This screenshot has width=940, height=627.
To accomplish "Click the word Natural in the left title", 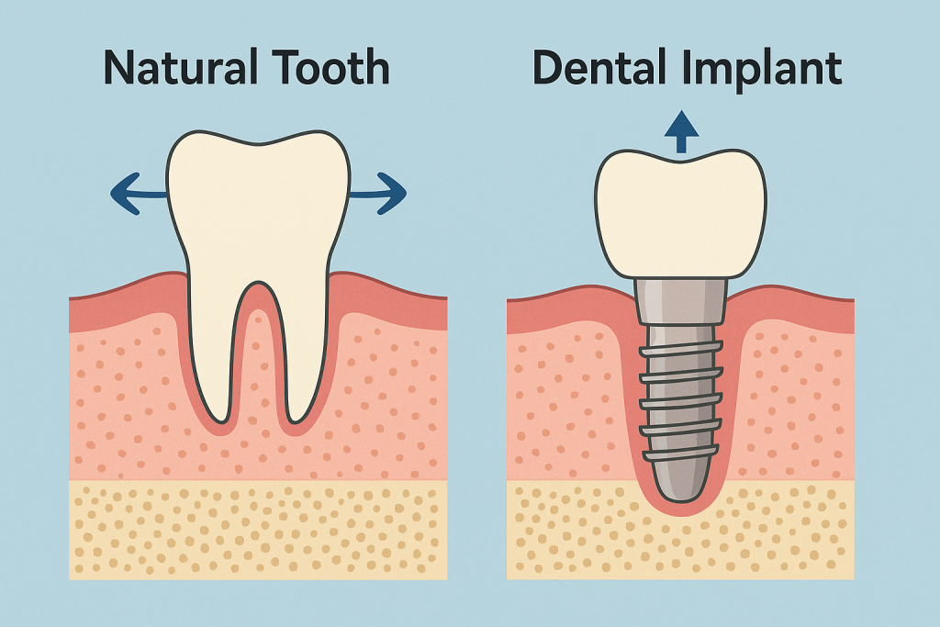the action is coord(181,67).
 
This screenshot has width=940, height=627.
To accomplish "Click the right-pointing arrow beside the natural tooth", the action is coord(378,193).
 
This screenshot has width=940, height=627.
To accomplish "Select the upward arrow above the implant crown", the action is coord(681,132).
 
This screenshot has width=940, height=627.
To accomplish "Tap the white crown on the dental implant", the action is coord(680,214).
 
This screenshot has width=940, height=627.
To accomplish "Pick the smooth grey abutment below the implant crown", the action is coord(680,302).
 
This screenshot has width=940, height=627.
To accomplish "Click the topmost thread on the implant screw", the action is coord(680,348).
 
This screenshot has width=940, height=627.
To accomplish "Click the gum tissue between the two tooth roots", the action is coord(258,360).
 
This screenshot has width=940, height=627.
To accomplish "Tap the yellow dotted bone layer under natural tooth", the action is coord(258,530).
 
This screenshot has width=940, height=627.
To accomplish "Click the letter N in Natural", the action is coord(119,67).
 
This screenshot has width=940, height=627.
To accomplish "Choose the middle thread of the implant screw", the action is coord(680,401).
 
